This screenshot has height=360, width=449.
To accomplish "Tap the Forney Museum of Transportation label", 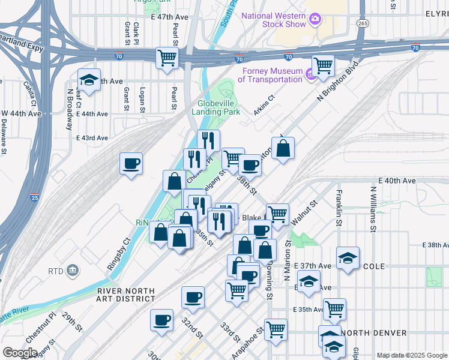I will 270,75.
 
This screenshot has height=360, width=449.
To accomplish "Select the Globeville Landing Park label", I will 215,107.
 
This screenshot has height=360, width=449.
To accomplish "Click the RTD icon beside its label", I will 73,271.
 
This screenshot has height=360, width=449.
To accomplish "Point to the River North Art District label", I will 125,295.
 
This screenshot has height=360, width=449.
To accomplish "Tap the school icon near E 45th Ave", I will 89,80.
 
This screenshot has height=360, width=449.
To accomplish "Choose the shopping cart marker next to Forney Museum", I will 323,65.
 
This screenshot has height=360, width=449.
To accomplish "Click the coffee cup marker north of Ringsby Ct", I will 131,164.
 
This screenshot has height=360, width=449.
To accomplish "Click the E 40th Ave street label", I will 397,181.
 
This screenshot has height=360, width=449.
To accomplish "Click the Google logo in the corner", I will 20,353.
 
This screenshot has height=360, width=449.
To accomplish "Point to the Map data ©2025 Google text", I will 412,355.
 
